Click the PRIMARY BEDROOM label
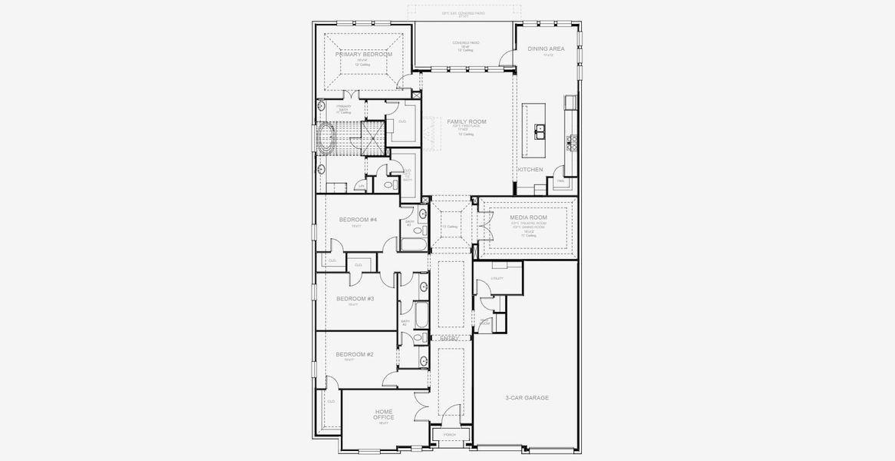coord(363,55)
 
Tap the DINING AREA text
coord(546,48)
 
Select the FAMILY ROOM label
coord(467,121)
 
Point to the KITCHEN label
coord(530,169)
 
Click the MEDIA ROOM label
coord(528,217)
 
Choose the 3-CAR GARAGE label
coord(527,398)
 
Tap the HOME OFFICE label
coord(384,414)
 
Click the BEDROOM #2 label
coord(355,354)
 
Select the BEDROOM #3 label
coord(355,298)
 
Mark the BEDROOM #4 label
coord(358,220)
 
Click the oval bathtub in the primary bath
coord(325,141)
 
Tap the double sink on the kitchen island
coord(541,131)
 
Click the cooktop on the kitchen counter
coord(571,140)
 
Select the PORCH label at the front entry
coord(450,435)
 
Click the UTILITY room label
coord(497,278)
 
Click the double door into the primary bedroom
coord(352,94)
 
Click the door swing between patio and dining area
coord(507,55)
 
